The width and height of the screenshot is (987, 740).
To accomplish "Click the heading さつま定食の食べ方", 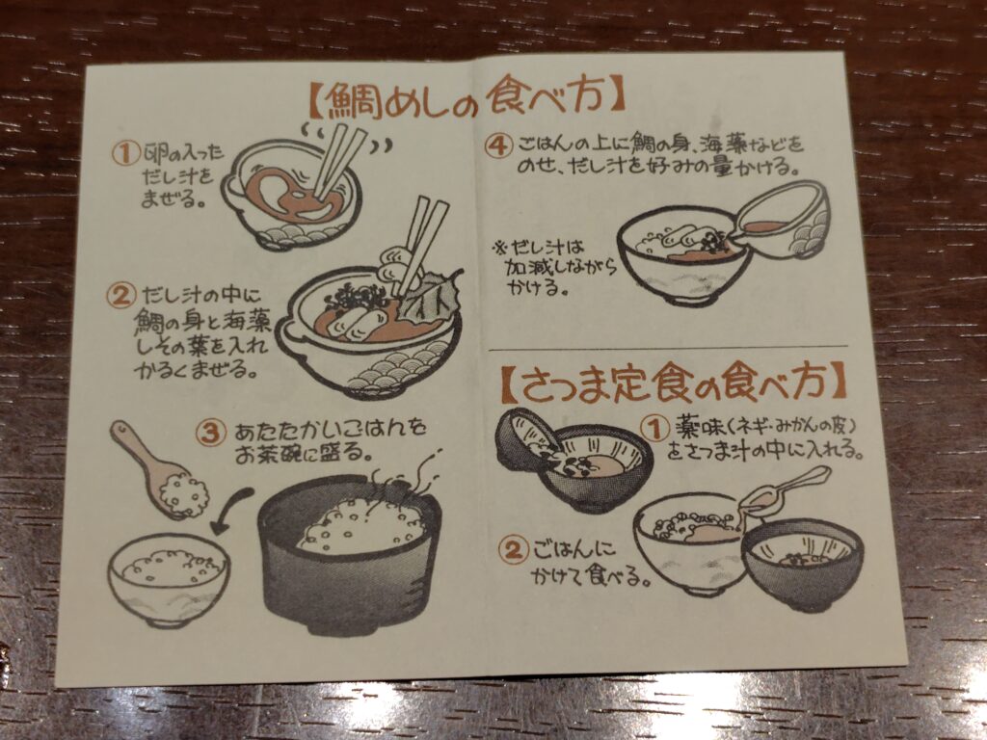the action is coord(674,383).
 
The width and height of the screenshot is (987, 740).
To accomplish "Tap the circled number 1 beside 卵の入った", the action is coord(126,153).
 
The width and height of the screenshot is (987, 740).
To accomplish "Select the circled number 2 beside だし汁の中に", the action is coord(121,296).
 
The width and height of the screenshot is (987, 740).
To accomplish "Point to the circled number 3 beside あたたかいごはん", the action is coord(210,433).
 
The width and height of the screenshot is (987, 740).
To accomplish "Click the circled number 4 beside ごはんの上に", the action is coord(498,146).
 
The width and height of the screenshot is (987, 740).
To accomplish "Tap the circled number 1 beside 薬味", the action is coord(655,430).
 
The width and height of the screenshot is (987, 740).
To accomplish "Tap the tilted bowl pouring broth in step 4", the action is coord(783,221).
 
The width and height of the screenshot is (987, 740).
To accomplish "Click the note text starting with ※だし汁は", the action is coord(554,268).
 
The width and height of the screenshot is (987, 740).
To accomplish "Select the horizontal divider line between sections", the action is coord(668,348).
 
